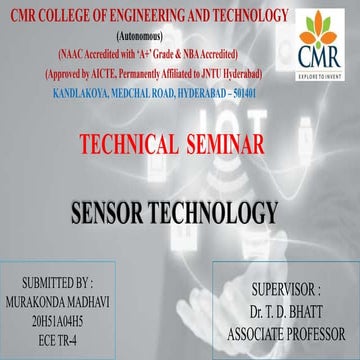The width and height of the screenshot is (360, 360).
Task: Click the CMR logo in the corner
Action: coord(327,41)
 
